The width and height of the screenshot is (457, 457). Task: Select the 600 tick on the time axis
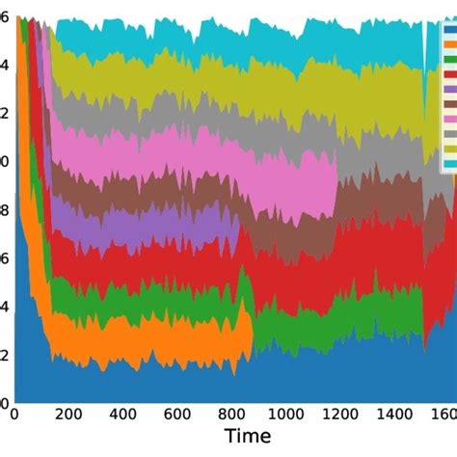(179, 414)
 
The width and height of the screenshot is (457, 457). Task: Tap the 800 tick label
(234, 414)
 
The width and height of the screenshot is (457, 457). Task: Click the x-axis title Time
(248, 437)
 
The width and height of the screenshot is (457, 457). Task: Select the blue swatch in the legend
(449, 28)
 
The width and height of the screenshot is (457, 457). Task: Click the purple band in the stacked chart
(145, 223)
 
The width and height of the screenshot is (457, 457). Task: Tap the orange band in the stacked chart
(145, 336)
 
